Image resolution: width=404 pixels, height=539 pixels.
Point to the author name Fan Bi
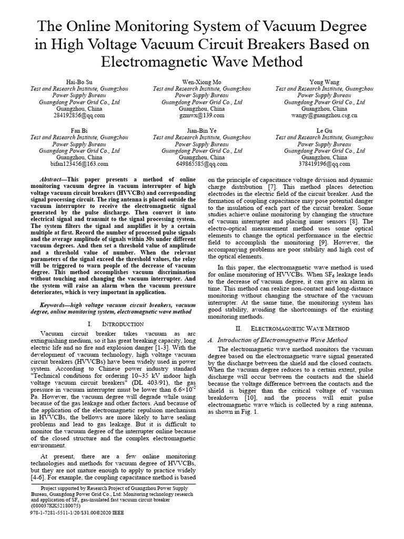80,129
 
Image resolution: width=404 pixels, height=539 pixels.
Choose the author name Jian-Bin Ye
201,129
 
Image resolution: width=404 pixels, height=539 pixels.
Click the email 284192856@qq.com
80,115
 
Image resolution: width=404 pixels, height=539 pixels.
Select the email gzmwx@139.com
201,115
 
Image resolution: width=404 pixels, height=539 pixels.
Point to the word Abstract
54,179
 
